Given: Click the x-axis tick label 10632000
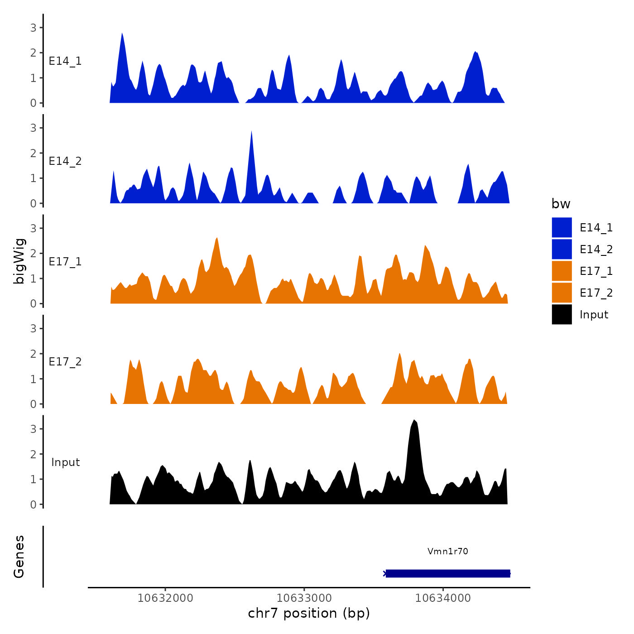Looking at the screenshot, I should point(165,598).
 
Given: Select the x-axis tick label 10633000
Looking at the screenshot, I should point(304,598).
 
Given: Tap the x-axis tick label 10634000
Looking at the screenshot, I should point(443,598).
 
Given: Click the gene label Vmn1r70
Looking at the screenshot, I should point(447,552).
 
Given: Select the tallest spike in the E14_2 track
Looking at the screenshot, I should point(251,133).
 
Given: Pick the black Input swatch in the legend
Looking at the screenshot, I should point(562,315).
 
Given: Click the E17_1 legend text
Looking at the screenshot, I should point(596,271).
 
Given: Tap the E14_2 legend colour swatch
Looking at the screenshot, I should point(562,250).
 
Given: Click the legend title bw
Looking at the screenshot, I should point(561,204).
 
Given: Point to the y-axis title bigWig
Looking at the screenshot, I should point(19,261).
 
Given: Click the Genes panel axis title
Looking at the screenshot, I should point(19,557).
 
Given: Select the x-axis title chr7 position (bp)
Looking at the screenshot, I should point(309,614).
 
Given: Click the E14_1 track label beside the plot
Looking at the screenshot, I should point(65,61).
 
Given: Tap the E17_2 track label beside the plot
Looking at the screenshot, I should point(65,362).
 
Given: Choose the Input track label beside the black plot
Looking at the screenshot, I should point(65,462).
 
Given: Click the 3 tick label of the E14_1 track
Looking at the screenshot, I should point(33,28).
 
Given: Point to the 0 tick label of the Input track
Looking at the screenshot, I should point(33,504).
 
